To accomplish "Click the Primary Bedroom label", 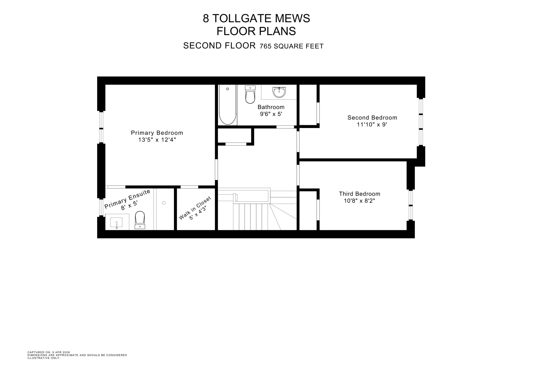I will [x=157, y=133].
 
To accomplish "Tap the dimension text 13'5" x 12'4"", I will [x=157, y=140].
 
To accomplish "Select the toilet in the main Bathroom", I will [x=250, y=95].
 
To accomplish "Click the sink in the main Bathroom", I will [x=279, y=92].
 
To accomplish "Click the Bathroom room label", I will [x=271, y=107].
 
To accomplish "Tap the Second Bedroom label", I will [x=372, y=118].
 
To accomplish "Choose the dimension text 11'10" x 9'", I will [x=372, y=125].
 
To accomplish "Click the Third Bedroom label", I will [x=359, y=194].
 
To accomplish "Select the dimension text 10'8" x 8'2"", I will [x=359, y=201].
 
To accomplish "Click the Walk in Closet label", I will [x=195, y=208].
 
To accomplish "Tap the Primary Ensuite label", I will [x=127, y=199].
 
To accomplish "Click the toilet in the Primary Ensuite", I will [x=140, y=220].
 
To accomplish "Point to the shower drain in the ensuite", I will [x=164, y=203].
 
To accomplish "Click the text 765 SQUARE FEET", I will [x=291, y=46].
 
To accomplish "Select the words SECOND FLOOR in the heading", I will [x=219, y=46].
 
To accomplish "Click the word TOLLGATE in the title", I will [x=242, y=18].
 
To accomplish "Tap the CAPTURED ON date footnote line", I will [x=49, y=352].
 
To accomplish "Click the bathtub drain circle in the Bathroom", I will [x=227, y=89].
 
